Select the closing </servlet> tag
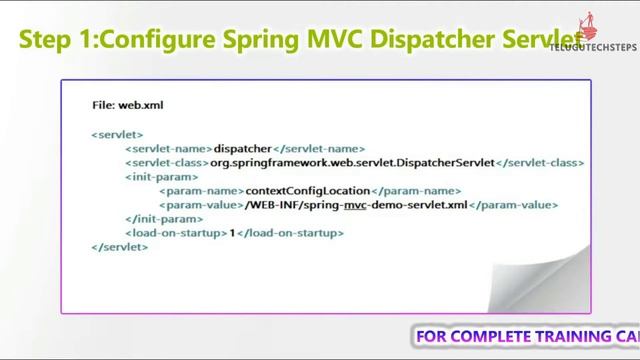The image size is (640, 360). point(119,246)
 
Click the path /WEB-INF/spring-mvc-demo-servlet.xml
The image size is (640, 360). point(356,204)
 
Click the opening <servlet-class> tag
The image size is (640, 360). point(166,162)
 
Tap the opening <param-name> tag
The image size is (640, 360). point(201,190)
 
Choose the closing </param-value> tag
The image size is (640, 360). point(513,204)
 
